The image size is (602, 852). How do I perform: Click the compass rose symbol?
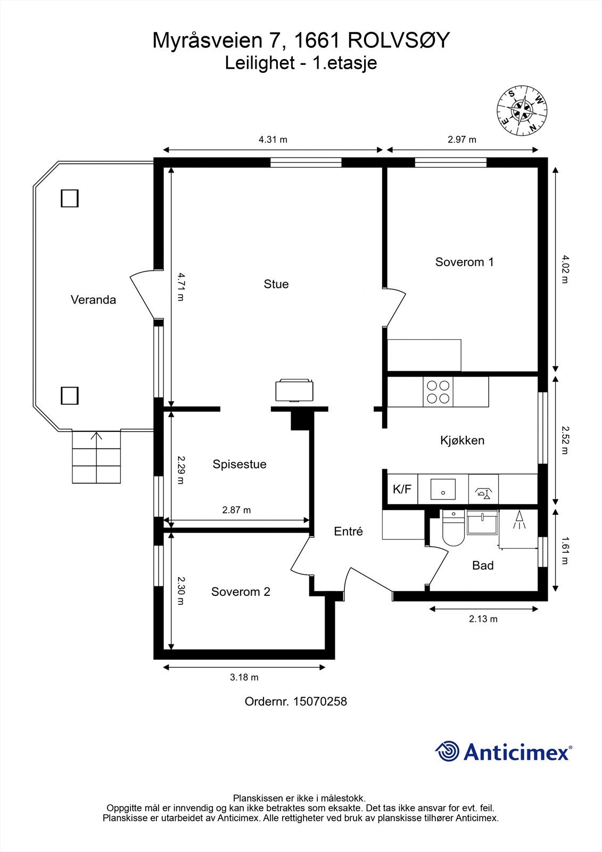[522, 110]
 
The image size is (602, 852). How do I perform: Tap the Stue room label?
[276, 284]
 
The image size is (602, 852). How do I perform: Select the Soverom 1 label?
[464, 261]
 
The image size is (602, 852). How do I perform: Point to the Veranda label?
[93, 300]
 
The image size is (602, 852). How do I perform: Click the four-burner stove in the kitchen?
[438, 392]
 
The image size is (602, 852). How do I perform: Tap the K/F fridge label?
[402, 489]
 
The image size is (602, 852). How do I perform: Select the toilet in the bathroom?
[453, 528]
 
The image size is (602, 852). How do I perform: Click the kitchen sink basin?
[443, 489]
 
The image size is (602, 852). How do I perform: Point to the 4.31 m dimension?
[273, 140]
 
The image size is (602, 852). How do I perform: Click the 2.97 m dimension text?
[462, 140]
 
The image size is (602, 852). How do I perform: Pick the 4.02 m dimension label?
[565, 269]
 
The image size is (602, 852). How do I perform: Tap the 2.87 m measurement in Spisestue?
[236, 510]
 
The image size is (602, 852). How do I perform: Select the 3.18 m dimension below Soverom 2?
[244, 677]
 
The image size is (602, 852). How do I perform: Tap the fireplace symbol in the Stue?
[294, 390]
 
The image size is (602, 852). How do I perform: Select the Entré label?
[348, 531]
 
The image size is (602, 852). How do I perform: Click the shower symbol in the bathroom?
[519, 520]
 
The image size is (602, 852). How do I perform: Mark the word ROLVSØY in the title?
[399, 40]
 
